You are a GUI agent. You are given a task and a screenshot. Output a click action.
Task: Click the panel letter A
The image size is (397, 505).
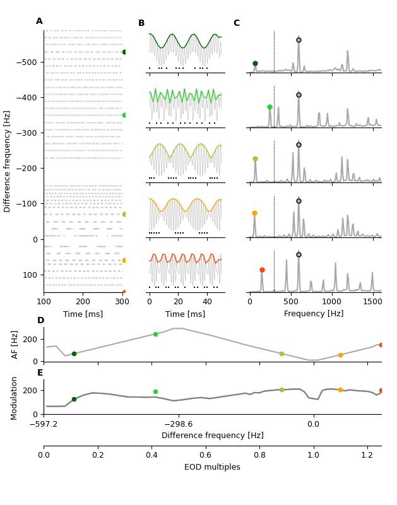(x=39, y=21)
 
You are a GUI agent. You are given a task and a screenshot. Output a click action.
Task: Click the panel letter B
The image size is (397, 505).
(x=141, y=23)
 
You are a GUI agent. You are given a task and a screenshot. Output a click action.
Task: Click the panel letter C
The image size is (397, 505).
(x=237, y=23)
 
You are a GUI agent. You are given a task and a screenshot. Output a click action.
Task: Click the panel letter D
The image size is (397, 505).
(x=40, y=321)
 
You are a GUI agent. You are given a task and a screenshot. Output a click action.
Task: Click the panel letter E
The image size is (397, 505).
(x=40, y=373)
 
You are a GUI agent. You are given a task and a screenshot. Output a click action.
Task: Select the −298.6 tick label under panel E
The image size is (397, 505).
(x=179, y=424)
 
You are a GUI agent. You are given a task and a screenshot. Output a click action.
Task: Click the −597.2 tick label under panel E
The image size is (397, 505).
(x=44, y=424)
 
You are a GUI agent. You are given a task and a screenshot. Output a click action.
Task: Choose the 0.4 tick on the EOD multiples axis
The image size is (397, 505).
(x=151, y=454)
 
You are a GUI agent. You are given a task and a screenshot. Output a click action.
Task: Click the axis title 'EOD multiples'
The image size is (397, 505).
(x=212, y=467)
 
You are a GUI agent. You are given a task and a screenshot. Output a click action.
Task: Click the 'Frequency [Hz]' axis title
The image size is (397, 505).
(x=314, y=314)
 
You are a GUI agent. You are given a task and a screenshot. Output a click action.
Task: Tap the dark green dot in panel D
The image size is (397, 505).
(x=74, y=353)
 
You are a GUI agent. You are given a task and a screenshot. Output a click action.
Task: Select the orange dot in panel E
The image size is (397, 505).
(x=340, y=389)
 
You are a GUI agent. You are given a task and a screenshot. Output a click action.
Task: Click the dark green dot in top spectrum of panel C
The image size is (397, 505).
(x=255, y=63)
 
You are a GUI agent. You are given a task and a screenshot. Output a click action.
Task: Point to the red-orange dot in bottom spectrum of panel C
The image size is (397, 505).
(x=262, y=270)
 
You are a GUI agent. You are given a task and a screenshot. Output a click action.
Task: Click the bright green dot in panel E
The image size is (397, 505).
(x=155, y=391)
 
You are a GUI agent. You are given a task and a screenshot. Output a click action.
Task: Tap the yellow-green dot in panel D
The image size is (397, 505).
(x=281, y=353)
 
